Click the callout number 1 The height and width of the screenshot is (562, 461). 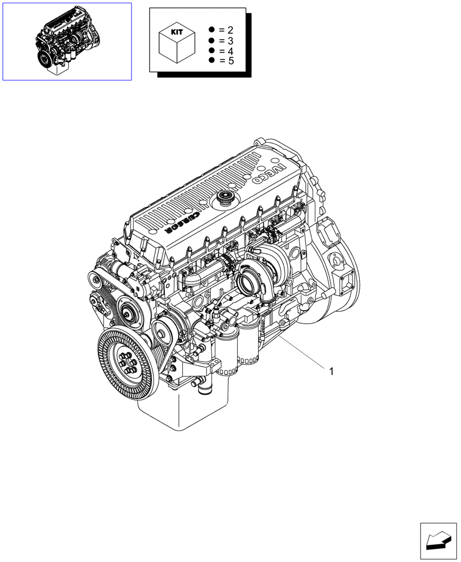(332, 371)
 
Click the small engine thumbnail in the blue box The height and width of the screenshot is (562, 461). (67, 42)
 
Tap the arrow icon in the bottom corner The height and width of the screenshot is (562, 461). (439, 541)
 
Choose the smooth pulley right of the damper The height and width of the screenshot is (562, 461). (162, 336)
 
